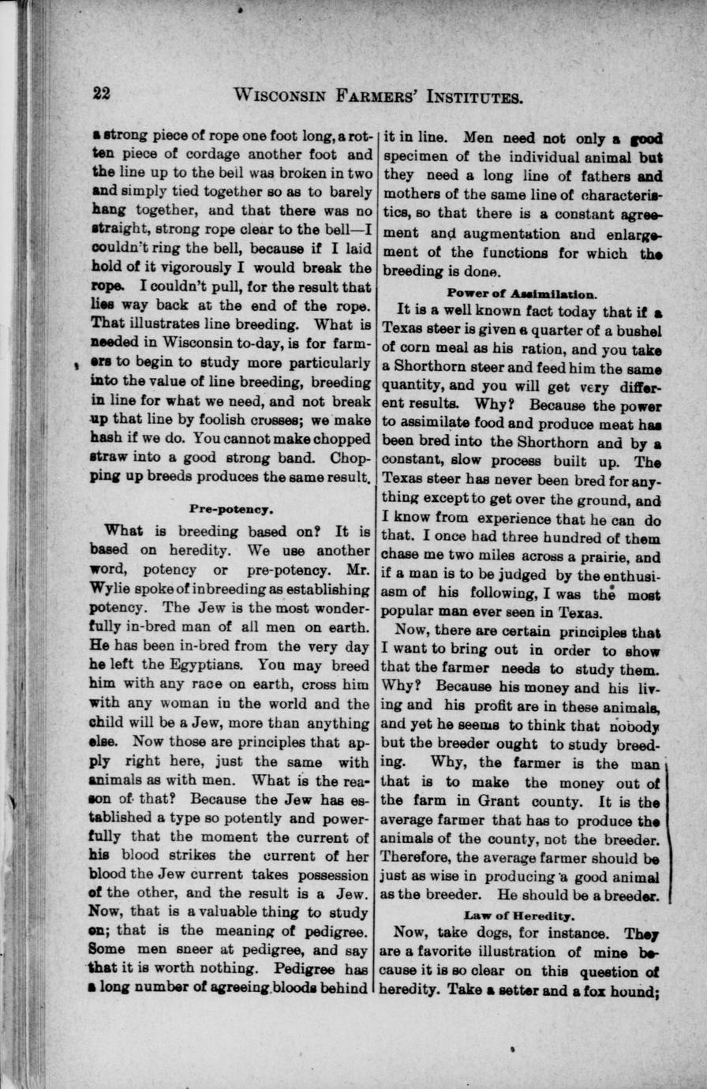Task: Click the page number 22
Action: click(102, 94)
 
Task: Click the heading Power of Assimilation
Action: click(522, 290)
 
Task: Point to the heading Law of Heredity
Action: click(520, 915)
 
